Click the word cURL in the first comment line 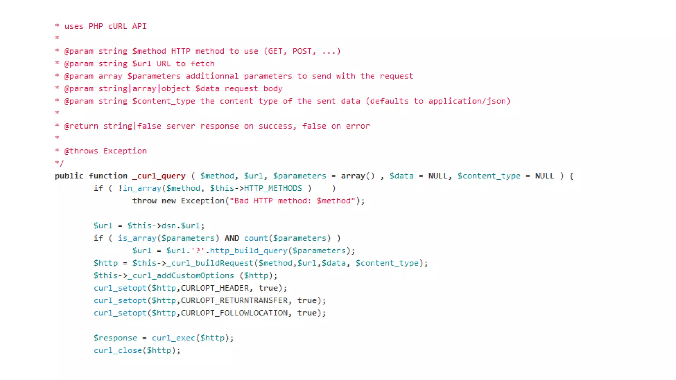pyautogui.click(x=118, y=26)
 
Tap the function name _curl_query pyautogui.click(x=159, y=176)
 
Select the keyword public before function pyautogui.click(x=69, y=176)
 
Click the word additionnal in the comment pyautogui.click(x=212, y=76)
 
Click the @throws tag pyautogui.click(x=81, y=151)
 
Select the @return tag pyautogui.click(x=81, y=126)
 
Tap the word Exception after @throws pyautogui.click(x=125, y=151)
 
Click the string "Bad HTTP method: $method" pyautogui.click(x=292, y=201)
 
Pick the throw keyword pyautogui.click(x=144, y=201)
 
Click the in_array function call pyautogui.click(x=142, y=188)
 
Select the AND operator pyautogui.click(x=232, y=238)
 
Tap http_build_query pyautogui.click(x=249, y=251)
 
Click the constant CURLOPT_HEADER pyautogui.click(x=215, y=288)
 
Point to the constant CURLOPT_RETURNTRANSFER pyautogui.click(x=234, y=301)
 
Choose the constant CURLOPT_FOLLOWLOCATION pyautogui.click(x=234, y=313)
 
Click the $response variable pyautogui.click(x=115, y=338)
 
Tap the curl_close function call pyautogui.click(x=118, y=351)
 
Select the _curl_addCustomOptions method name pyautogui.click(x=183, y=276)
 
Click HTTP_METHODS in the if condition pyautogui.click(x=273, y=188)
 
